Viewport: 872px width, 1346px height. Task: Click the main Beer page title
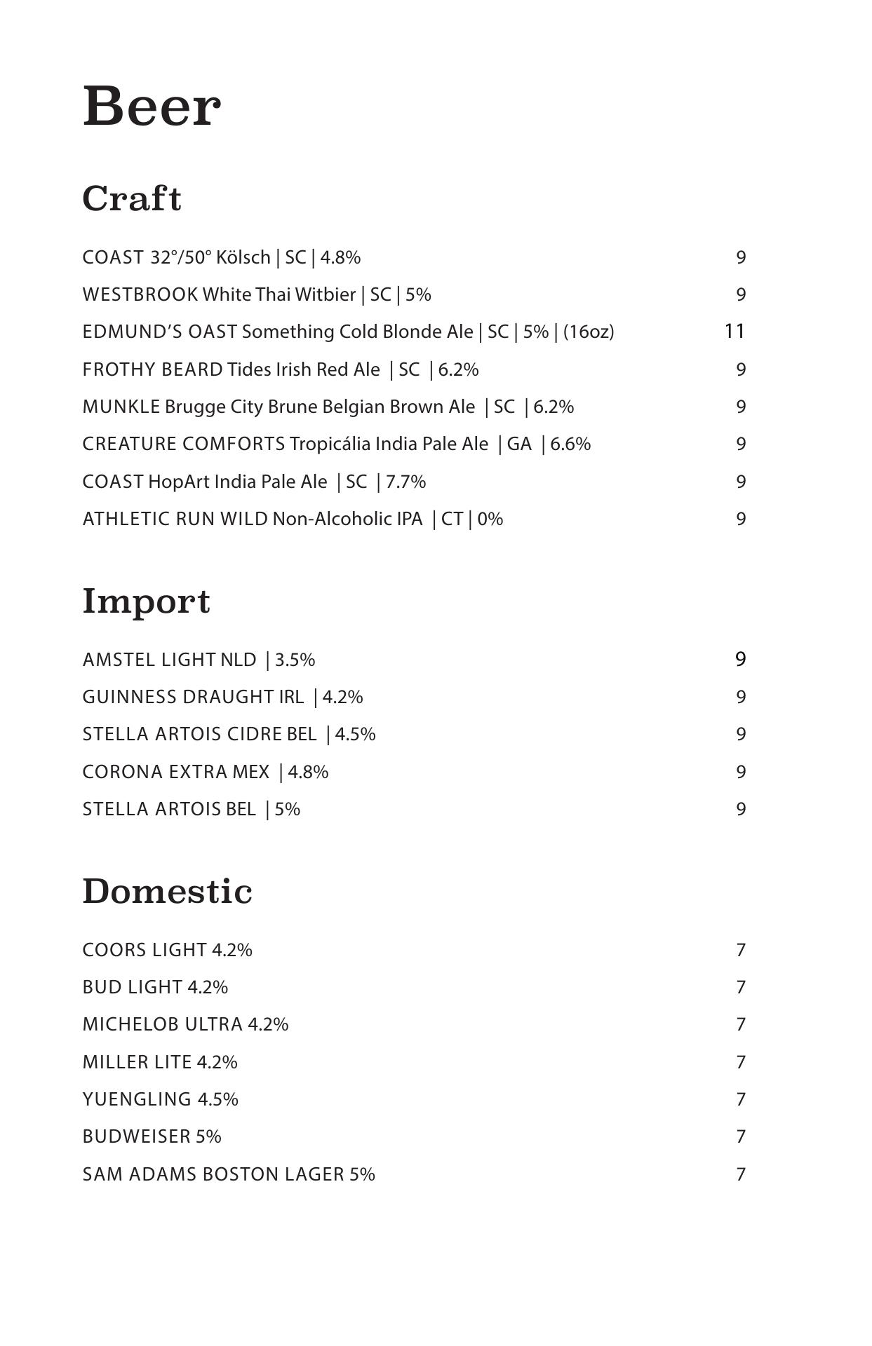click(x=152, y=107)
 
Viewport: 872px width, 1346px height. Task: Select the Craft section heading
click(x=132, y=198)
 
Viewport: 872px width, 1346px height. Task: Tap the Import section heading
click(x=146, y=601)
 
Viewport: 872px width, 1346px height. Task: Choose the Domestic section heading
click(x=167, y=892)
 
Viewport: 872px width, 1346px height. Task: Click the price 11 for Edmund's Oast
click(x=734, y=331)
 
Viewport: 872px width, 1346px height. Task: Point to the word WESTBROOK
click(x=140, y=294)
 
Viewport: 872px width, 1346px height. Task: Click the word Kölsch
click(x=243, y=257)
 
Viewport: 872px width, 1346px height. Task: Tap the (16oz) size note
click(x=589, y=332)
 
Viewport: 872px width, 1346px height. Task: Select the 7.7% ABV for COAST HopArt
click(x=405, y=482)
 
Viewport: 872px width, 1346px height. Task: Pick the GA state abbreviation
click(x=519, y=444)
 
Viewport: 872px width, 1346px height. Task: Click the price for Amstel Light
click(x=740, y=659)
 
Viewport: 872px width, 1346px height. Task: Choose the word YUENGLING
click(x=137, y=1099)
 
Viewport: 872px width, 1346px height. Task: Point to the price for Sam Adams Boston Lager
click(x=740, y=1174)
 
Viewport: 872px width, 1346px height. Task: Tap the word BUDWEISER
click(x=136, y=1136)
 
